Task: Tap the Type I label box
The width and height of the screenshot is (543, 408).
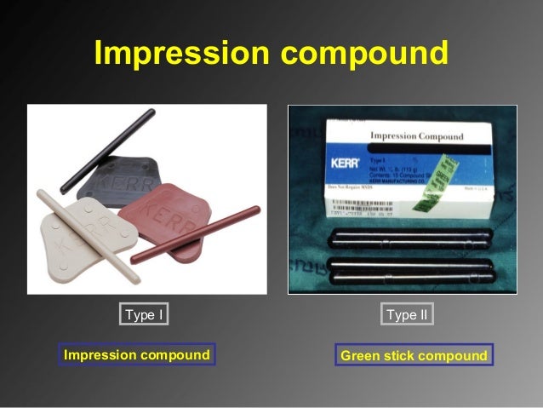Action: [144, 315]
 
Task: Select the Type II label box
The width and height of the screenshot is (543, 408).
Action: [407, 315]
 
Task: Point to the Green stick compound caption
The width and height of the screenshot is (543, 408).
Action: [414, 355]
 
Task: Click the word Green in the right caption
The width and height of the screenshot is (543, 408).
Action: [359, 355]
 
